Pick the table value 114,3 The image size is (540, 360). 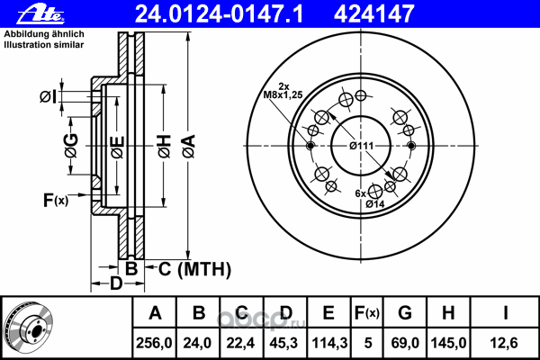pos(328,342)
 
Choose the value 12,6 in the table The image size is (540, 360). pos(507,342)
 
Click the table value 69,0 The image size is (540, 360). pos(405,342)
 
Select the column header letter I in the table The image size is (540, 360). pos(507,313)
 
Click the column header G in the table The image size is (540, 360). pos(405,313)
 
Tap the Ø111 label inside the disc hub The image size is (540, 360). pos(362,147)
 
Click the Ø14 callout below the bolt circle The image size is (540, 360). pos(376,204)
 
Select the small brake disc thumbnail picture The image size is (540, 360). pos(31,327)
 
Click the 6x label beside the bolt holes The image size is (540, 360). pos(360,193)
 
